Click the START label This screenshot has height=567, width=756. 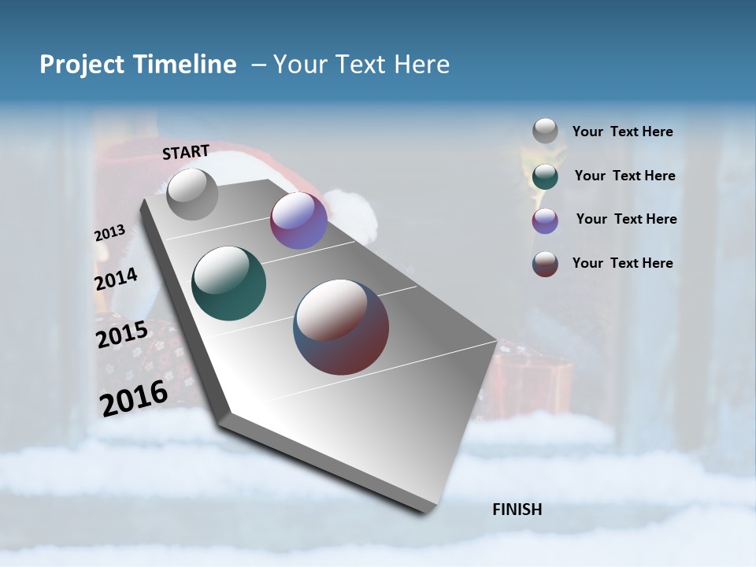coord(186,152)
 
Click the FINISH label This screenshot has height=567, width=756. coord(517,510)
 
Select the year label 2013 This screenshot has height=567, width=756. coord(109,233)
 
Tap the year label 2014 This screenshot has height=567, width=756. coord(116,280)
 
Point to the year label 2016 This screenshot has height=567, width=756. coord(134,398)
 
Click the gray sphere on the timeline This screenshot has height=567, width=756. coord(192,194)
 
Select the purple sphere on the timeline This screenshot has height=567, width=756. coord(298,220)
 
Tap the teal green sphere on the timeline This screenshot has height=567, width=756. coord(229,283)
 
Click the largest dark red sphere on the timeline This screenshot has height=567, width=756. coord(341,327)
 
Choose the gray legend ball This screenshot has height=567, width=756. coord(545,131)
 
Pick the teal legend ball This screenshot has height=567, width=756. coord(545,176)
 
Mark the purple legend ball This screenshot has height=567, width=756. coord(545,220)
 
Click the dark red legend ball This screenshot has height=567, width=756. coord(545,264)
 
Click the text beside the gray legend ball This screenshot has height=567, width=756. coord(622,132)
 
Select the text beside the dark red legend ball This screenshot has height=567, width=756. coord(622,263)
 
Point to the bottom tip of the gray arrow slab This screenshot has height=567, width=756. coord(429,510)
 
